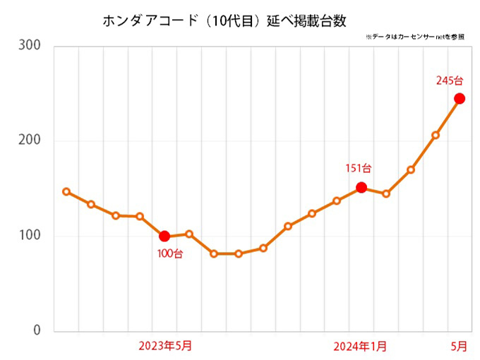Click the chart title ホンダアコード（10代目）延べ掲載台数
[x=224, y=20]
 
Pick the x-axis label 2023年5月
[x=164, y=345]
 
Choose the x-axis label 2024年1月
[x=361, y=345]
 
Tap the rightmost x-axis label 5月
[x=459, y=345]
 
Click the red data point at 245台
[x=460, y=99]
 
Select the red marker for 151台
[x=361, y=188]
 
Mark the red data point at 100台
[x=164, y=236]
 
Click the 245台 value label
[x=450, y=80]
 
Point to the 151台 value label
[x=358, y=169]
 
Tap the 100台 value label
[x=169, y=253]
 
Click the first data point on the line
[x=66, y=192]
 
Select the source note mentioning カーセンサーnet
[x=415, y=37]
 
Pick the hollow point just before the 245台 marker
[x=435, y=135]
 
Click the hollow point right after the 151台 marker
[x=386, y=193]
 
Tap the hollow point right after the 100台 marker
[x=189, y=234]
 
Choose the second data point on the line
[x=91, y=204]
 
